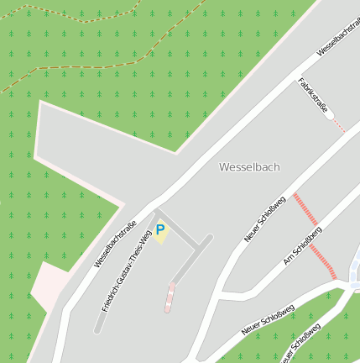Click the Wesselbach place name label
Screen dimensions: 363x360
point(249,167)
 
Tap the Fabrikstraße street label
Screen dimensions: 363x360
point(311,97)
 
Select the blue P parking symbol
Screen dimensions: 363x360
point(160,229)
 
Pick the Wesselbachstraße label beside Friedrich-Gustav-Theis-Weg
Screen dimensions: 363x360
point(115,244)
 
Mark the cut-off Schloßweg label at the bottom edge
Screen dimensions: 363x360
point(300,346)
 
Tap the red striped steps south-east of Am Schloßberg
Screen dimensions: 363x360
point(323,261)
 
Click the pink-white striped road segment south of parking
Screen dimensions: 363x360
point(170,297)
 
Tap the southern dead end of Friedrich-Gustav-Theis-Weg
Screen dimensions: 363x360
point(97,329)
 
